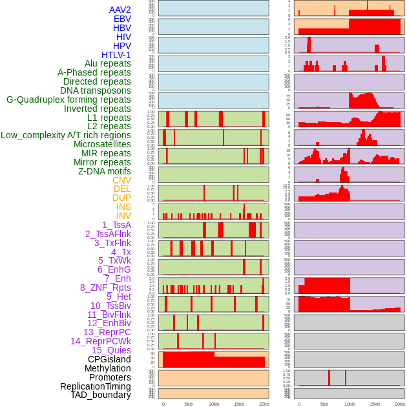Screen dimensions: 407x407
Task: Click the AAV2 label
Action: click(x=120, y=10)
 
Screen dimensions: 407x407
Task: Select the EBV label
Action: click(x=122, y=19)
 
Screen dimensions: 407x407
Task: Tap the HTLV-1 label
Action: click(x=116, y=55)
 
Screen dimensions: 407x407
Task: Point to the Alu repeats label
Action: click(x=108, y=63)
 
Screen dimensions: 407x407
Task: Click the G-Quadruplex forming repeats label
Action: click(x=68, y=99)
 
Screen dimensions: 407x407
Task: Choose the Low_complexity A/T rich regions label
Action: click(x=66, y=135)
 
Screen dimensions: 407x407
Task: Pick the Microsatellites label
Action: click(x=102, y=144)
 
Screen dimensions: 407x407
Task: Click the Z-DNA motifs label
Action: click(x=104, y=171)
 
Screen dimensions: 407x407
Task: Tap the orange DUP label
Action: click(x=121, y=198)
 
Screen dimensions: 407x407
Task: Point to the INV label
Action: click(x=123, y=216)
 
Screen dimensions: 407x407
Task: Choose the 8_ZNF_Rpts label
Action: click(x=105, y=287)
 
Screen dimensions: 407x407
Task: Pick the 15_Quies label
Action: click(x=110, y=350)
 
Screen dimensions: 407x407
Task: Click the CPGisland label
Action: click(x=109, y=359)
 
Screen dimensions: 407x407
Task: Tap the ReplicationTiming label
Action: click(x=95, y=386)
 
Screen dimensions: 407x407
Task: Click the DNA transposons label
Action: click(x=96, y=90)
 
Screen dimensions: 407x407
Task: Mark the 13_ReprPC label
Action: click(x=107, y=332)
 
